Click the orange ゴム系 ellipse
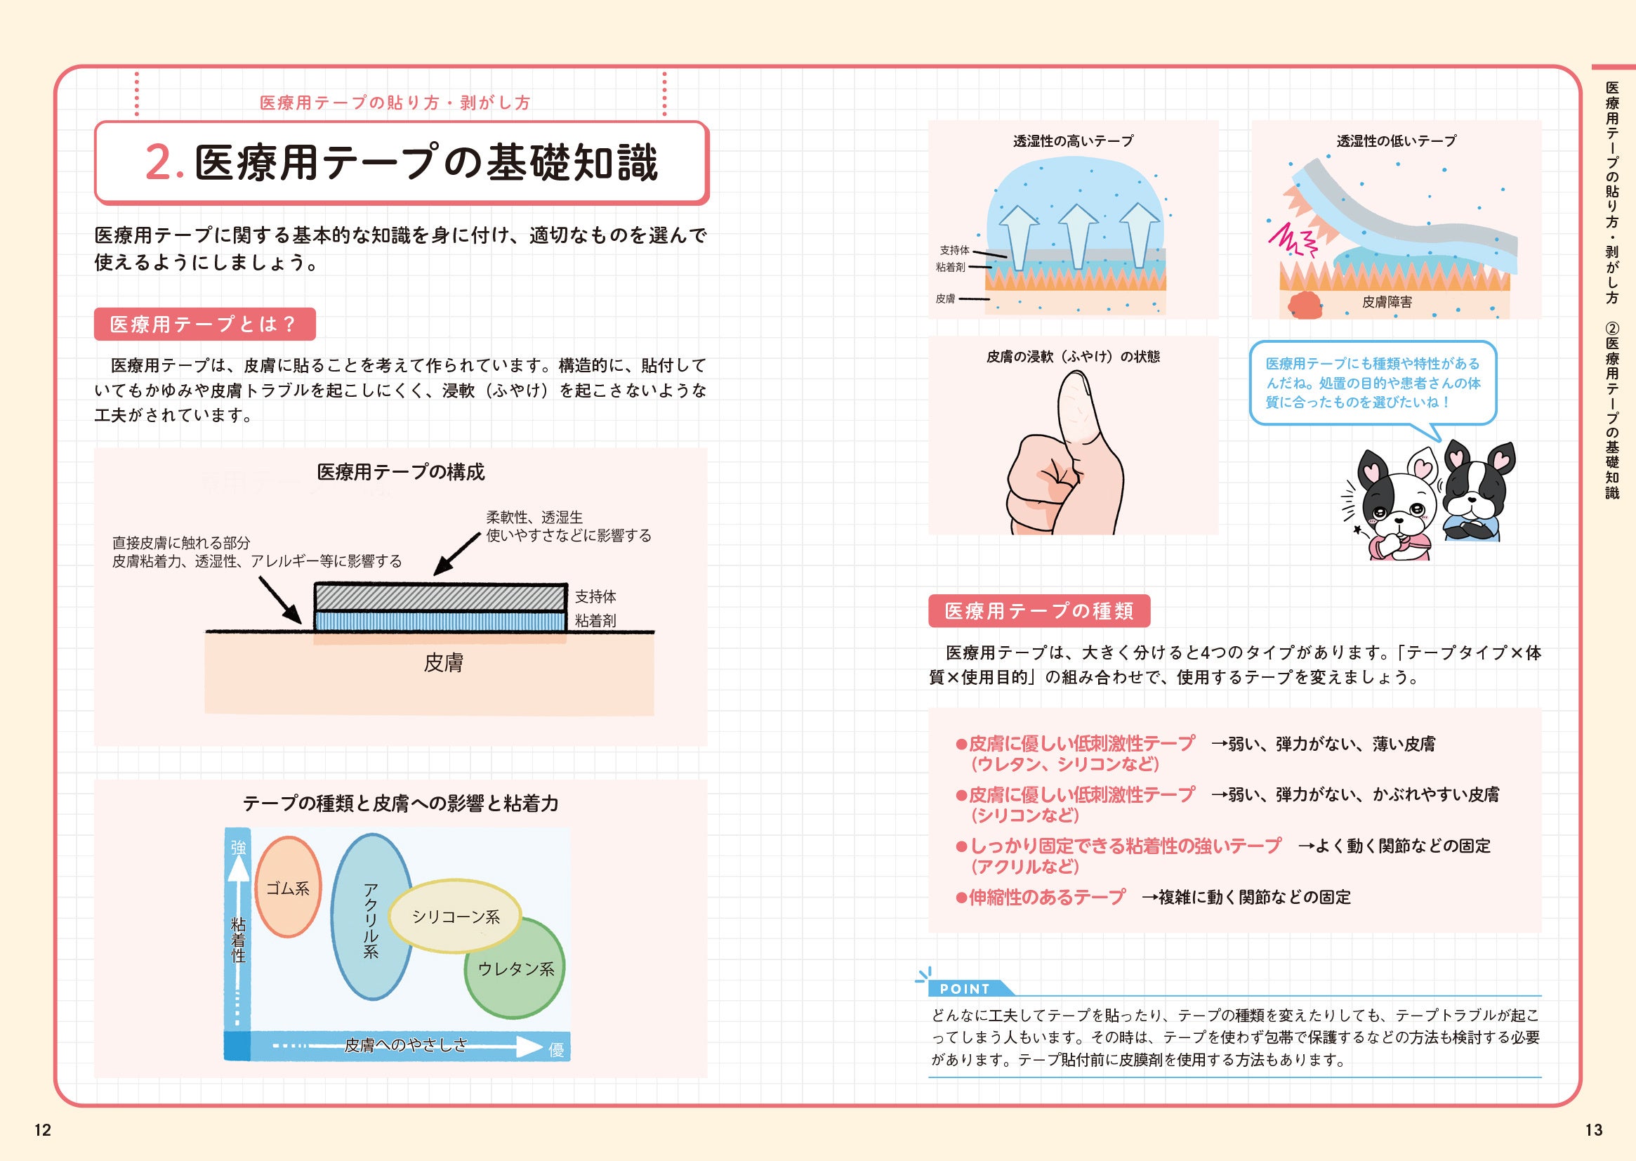click(287, 887)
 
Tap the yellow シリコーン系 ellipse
click(455, 916)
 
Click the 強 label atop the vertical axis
click(238, 847)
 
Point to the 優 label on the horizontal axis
click(556, 1049)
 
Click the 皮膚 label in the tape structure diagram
click(443, 663)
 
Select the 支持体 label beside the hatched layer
click(595, 596)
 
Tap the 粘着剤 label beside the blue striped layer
click(595, 621)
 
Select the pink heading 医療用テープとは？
click(204, 324)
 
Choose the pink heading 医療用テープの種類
click(1038, 610)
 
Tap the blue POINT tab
click(965, 989)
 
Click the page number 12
click(43, 1129)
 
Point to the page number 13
click(1594, 1129)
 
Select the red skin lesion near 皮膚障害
click(1305, 306)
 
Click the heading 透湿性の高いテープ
click(1073, 141)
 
